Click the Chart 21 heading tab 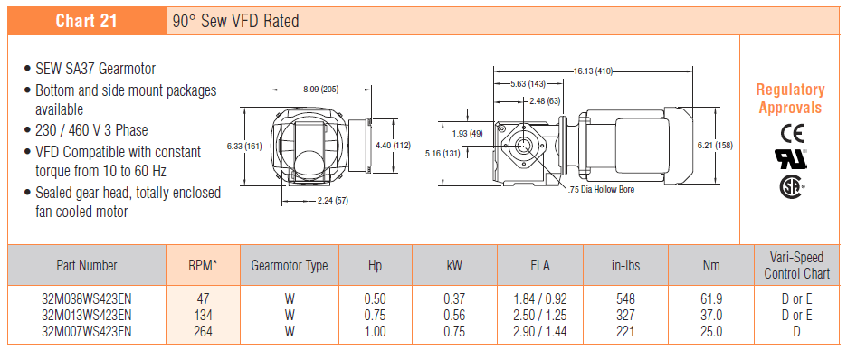[87, 21]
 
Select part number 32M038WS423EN [87, 298]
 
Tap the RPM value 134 [203, 315]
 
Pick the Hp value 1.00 [376, 331]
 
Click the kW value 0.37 [454, 298]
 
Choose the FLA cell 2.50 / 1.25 [540, 315]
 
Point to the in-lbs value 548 [625, 298]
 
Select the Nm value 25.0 [711, 331]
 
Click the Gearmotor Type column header [289, 266]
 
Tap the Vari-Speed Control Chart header [796, 266]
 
